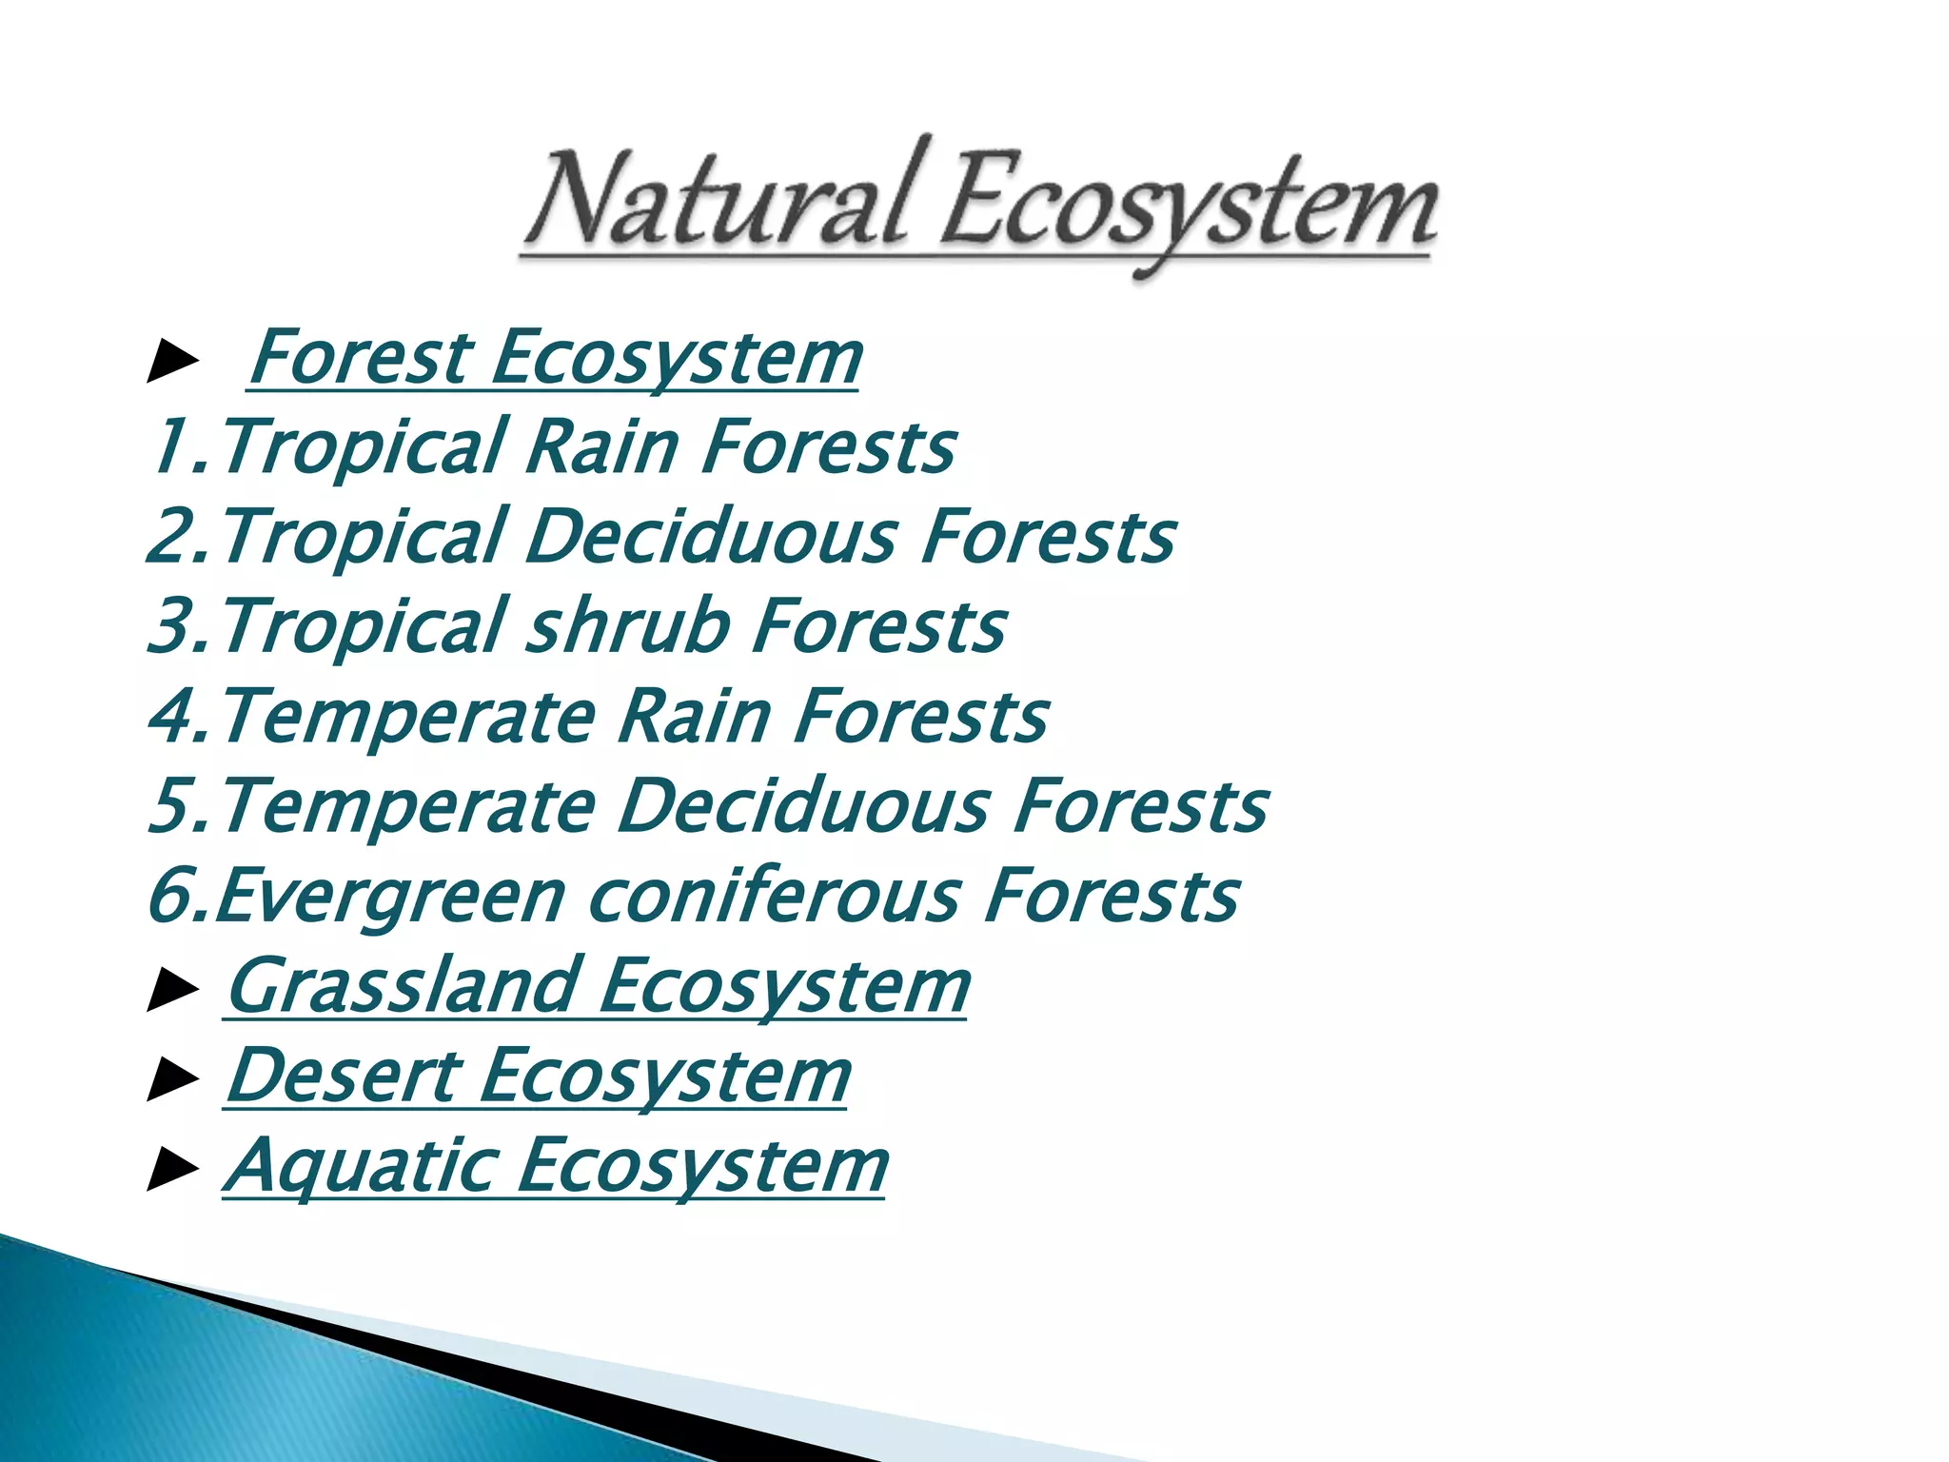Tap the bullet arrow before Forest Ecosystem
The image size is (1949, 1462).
tap(172, 363)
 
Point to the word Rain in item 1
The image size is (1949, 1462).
tap(603, 446)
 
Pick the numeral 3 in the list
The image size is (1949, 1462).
tap(170, 625)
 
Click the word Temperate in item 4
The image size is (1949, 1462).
tap(409, 716)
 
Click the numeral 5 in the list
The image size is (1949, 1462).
tap(170, 805)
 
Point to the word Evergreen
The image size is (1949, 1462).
tap(390, 897)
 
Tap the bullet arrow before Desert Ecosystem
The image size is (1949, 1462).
tap(172, 1080)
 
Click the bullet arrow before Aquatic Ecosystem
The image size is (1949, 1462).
tap(172, 1170)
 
